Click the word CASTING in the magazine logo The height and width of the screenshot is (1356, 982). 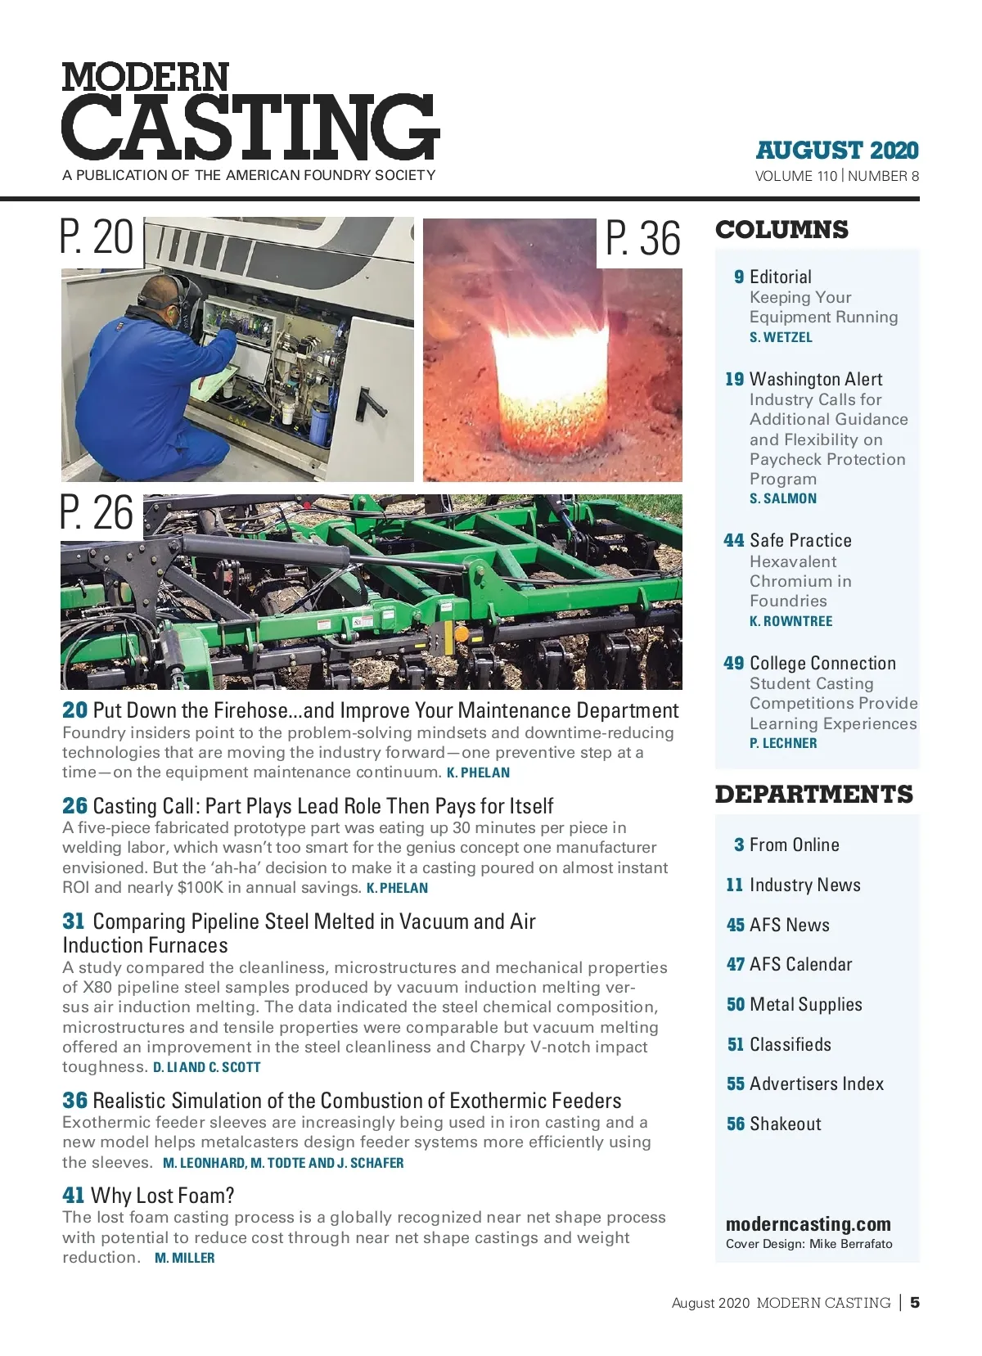click(x=250, y=127)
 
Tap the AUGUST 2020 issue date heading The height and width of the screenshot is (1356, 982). click(x=836, y=151)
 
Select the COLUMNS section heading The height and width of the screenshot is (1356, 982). click(x=782, y=230)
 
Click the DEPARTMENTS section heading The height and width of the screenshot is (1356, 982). click(x=813, y=795)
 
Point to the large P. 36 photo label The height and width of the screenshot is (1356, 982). click(x=642, y=239)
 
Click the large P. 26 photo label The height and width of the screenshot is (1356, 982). click(x=97, y=513)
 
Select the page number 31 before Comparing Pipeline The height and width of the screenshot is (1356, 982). click(x=74, y=921)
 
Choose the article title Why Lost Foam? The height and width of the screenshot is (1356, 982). click(x=162, y=1196)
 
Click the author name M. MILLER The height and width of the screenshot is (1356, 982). click(x=185, y=1259)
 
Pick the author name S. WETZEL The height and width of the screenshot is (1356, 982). click(x=781, y=337)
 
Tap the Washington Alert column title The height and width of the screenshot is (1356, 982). click(x=816, y=379)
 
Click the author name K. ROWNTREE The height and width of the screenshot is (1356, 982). click(x=791, y=621)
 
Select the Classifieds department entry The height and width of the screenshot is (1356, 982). click(x=790, y=1044)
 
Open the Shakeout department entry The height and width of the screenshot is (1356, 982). click(x=785, y=1124)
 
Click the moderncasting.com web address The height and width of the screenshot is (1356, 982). click(x=808, y=1224)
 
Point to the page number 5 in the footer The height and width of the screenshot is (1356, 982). click(x=915, y=1302)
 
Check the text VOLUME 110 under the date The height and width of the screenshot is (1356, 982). click(x=795, y=176)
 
